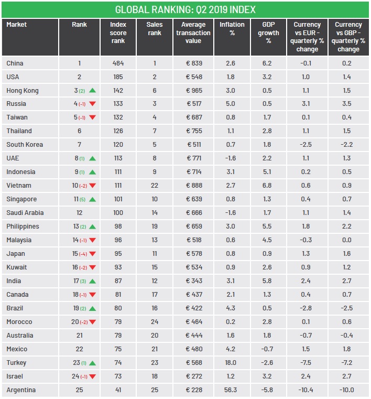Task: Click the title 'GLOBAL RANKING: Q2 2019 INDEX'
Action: tap(185, 10)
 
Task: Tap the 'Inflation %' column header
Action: tap(232, 28)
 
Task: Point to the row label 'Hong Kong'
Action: tap(23, 90)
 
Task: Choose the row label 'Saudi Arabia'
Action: tap(25, 213)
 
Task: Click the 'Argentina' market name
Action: tap(21, 390)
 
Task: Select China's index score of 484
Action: tap(118, 63)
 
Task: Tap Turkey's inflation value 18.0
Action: tap(231, 363)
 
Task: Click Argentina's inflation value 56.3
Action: tap(231, 390)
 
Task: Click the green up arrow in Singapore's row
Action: tap(92, 200)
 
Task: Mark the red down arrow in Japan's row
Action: tap(92, 254)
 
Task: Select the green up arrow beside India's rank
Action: tap(92, 281)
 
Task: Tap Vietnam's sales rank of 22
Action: tap(155, 186)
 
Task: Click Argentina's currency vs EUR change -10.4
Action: tap(307, 390)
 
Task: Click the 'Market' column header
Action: tap(17, 25)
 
